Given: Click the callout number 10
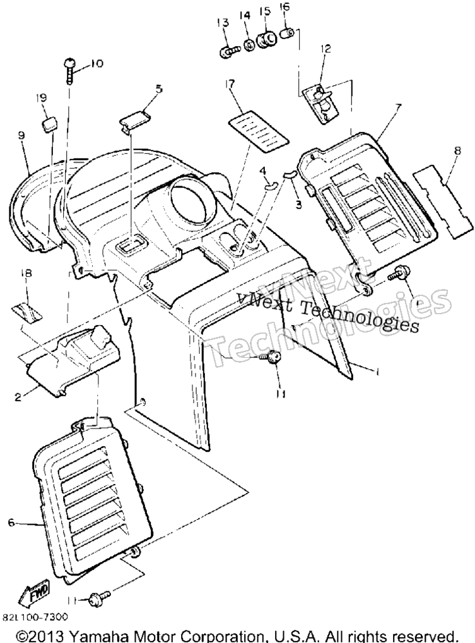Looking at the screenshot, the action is (97, 64).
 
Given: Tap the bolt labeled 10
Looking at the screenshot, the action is (69, 71).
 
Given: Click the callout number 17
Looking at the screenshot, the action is (230, 84).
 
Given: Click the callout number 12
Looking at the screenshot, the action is (326, 49).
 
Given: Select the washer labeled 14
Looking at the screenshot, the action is (249, 45).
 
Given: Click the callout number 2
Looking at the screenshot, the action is (18, 398).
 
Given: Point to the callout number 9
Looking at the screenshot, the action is (21, 135).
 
